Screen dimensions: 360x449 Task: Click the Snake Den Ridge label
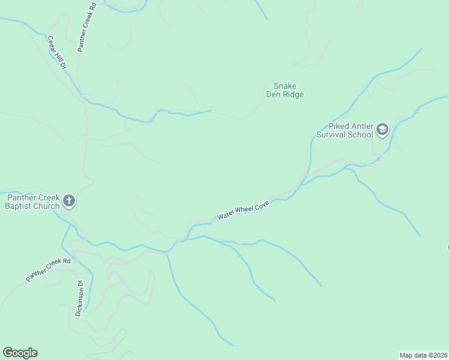285,90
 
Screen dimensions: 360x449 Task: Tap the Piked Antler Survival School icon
382,130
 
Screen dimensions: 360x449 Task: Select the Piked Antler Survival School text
351,130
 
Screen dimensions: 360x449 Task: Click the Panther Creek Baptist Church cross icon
69,202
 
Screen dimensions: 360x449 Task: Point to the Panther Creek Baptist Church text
32,202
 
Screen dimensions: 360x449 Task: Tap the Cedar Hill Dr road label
56,53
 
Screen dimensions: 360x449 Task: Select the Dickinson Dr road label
79,298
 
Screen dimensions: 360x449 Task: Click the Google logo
20,353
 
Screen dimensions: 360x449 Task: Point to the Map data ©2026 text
423,355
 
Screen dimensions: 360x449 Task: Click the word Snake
285,86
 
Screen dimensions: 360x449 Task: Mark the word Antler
360,126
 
